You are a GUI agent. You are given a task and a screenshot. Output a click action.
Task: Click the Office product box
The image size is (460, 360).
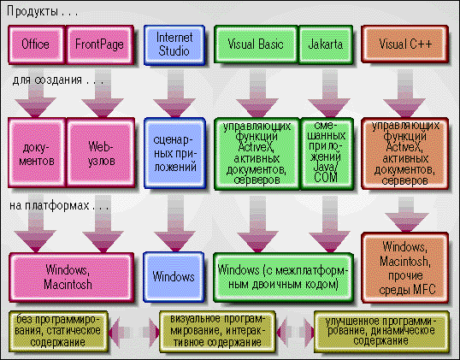(37, 44)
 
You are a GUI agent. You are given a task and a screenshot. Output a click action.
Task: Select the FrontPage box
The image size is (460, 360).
(100, 44)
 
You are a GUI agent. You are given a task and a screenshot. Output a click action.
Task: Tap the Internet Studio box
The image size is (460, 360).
(174, 44)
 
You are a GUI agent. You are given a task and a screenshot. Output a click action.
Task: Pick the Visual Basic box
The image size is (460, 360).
(257, 44)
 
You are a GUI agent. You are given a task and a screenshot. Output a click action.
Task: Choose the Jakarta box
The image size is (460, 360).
(326, 44)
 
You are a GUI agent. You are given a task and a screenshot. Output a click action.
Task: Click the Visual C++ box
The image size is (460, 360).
(405, 44)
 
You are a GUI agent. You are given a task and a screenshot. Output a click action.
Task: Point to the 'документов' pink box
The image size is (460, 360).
(37, 152)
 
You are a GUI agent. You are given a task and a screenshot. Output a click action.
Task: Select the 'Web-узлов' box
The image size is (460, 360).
(101, 152)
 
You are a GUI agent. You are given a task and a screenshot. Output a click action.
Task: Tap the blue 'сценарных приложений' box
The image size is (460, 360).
(174, 153)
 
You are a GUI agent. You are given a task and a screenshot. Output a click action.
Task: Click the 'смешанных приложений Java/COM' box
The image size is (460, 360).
(327, 153)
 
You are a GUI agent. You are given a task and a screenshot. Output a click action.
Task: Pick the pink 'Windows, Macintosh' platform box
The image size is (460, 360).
(72, 277)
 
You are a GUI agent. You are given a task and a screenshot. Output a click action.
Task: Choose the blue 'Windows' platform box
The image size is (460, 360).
(174, 277)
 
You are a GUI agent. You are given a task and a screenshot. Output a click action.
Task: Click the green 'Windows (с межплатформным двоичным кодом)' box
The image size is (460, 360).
(283, 277)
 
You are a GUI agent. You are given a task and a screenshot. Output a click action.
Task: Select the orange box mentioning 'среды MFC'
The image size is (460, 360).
(405, 268)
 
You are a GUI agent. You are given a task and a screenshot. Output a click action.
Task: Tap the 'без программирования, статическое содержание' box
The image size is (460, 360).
(58, 332)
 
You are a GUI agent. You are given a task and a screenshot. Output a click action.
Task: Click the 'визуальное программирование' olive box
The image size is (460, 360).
(217, 332)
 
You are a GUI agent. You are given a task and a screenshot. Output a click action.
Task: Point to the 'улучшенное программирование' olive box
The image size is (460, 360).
(381, 332)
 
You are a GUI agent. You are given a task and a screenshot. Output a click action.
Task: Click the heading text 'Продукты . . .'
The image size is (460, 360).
(42, 12)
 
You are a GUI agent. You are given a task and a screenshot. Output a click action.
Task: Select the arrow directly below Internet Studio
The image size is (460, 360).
(174, 93)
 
